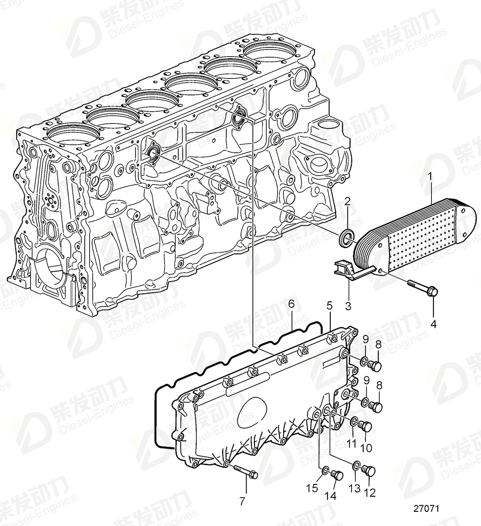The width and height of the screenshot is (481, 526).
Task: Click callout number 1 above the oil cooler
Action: (x=430, y=176)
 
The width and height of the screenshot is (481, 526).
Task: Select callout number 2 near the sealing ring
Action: (x=348, y=201)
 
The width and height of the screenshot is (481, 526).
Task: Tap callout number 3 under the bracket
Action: (x=348, y=306)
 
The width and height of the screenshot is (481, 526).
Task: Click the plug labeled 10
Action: (x=366, y=427)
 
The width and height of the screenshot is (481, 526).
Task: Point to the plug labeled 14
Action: (x=336, y=475)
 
